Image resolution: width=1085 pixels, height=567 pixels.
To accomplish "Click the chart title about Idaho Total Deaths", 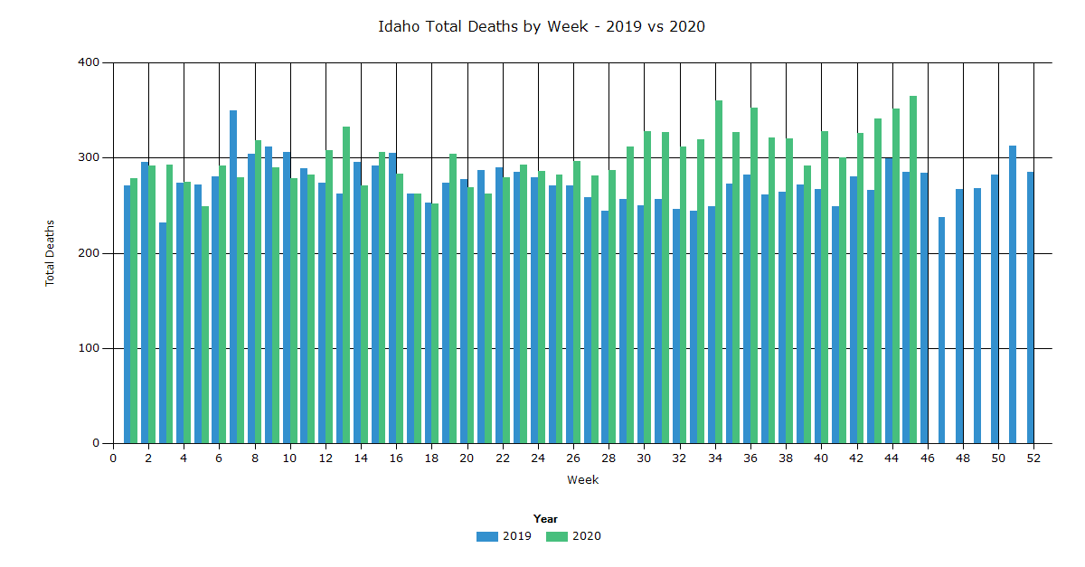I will tap(542, 26).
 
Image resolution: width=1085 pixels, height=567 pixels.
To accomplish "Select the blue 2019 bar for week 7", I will tap(233, 277).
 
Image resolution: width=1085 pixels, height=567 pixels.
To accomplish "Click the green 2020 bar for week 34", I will tap(719, 271).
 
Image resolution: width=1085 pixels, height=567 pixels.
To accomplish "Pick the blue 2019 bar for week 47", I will tap(942, 330).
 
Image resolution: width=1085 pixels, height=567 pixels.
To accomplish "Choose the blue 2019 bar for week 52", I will tap(1030, 307).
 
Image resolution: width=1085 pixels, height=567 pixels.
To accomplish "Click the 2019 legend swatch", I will tap(487, 536).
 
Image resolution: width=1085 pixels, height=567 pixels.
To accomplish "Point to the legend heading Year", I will tap(545, 519).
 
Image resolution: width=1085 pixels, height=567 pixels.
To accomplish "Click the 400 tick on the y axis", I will tap(90, 62).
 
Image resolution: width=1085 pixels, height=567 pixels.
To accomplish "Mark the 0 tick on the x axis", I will tap(113, 458).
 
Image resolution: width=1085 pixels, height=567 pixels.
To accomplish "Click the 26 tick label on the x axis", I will tap(573, 458).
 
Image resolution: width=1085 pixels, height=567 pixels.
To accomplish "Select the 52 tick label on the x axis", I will tap(1033, 458).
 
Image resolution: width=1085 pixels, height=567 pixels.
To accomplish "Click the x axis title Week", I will tap(582, 480).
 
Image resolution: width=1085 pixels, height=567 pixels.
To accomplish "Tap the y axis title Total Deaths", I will tap(51, 253).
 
